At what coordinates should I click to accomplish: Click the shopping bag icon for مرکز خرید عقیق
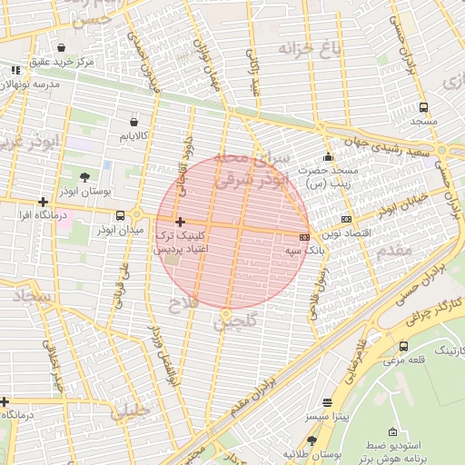click(60, 47)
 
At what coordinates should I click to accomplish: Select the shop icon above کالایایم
click(134, 120)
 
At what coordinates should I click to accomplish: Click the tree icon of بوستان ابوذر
click(84, 176)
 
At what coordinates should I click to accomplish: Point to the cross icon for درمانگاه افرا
click(43, 202)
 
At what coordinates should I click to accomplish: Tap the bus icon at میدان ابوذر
click(121, 215)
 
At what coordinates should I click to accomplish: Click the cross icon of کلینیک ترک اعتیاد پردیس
click(180, 222)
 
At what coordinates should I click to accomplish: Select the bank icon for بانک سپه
click(304, 236)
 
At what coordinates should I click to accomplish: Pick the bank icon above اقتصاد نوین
click(346, 219)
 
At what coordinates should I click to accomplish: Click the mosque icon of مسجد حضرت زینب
click(328, 156)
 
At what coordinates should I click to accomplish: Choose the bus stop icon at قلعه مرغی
click(403, 346)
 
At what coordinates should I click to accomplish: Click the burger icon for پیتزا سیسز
click(328, 401)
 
